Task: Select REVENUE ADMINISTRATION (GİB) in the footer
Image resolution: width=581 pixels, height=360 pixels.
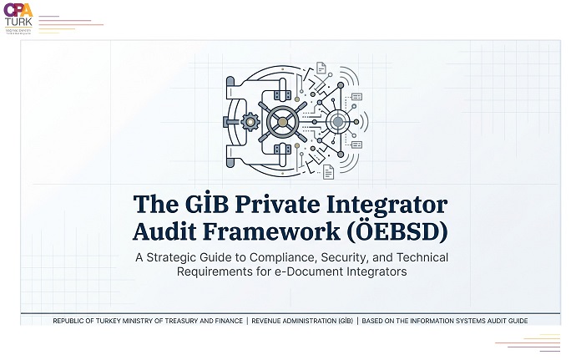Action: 301,321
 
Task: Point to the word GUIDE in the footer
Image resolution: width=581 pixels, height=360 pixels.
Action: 514,321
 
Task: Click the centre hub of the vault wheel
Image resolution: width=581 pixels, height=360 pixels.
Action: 282,122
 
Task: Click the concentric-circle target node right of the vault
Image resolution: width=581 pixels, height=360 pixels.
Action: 337,122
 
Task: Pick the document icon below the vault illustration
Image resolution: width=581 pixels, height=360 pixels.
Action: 329,172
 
